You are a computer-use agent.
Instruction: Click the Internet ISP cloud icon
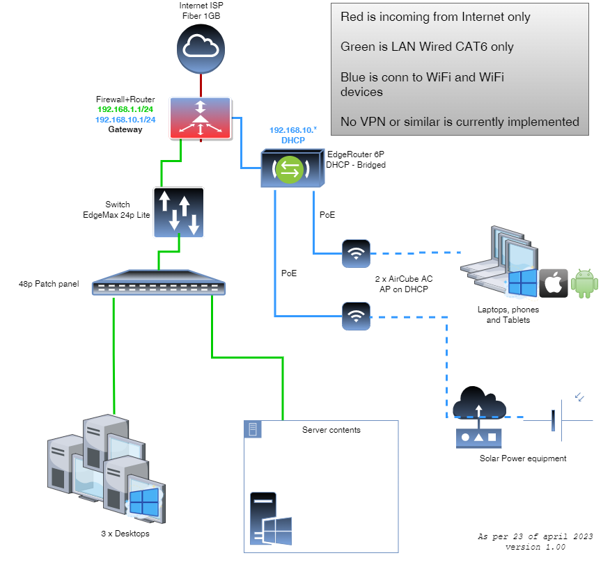coord(200,47)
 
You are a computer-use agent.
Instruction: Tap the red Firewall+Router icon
coord(200,118)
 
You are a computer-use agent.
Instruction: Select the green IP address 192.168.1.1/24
coord(126,110)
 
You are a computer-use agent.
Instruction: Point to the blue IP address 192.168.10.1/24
coord(126,120)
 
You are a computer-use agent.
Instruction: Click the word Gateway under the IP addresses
coord(125,129)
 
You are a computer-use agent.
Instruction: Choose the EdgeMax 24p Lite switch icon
coord(178,212)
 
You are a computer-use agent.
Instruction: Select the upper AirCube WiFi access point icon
coord(357,253)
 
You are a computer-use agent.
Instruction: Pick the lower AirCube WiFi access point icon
coord(357,317)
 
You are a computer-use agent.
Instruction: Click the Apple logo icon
coord(554,283)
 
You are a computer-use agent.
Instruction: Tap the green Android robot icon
coord(585,283)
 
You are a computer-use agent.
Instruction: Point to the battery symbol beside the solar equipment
coord(554,421)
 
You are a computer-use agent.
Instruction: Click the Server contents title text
coord(331,430)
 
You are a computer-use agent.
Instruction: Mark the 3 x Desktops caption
coord(125,534)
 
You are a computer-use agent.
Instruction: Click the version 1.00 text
coord(535,547)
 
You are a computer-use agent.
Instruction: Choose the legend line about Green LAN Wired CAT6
coord(427,47)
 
